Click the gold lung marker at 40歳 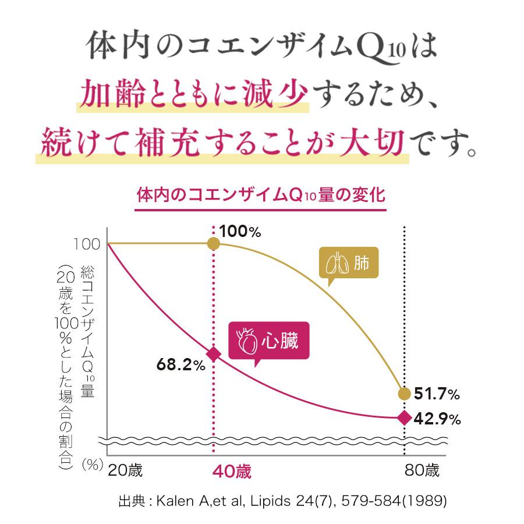[x=214, y=243]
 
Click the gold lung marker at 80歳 [x=404, y=394]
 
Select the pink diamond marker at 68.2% [x=214, y=354]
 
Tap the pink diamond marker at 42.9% [x=404, y=417]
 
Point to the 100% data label [x=240, y=232]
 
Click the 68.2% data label [x=180, y=365]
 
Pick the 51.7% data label [x=437, y=394]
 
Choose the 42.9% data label [x=437, y=418]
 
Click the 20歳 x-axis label [x=125, y=470]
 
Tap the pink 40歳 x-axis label [x=232, y=471]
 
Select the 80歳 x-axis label [x=422, y=470]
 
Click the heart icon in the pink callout [x=247, y=342]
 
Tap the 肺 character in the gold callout [x=361, y=264]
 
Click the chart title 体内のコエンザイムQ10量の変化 [x=261, y=195]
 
